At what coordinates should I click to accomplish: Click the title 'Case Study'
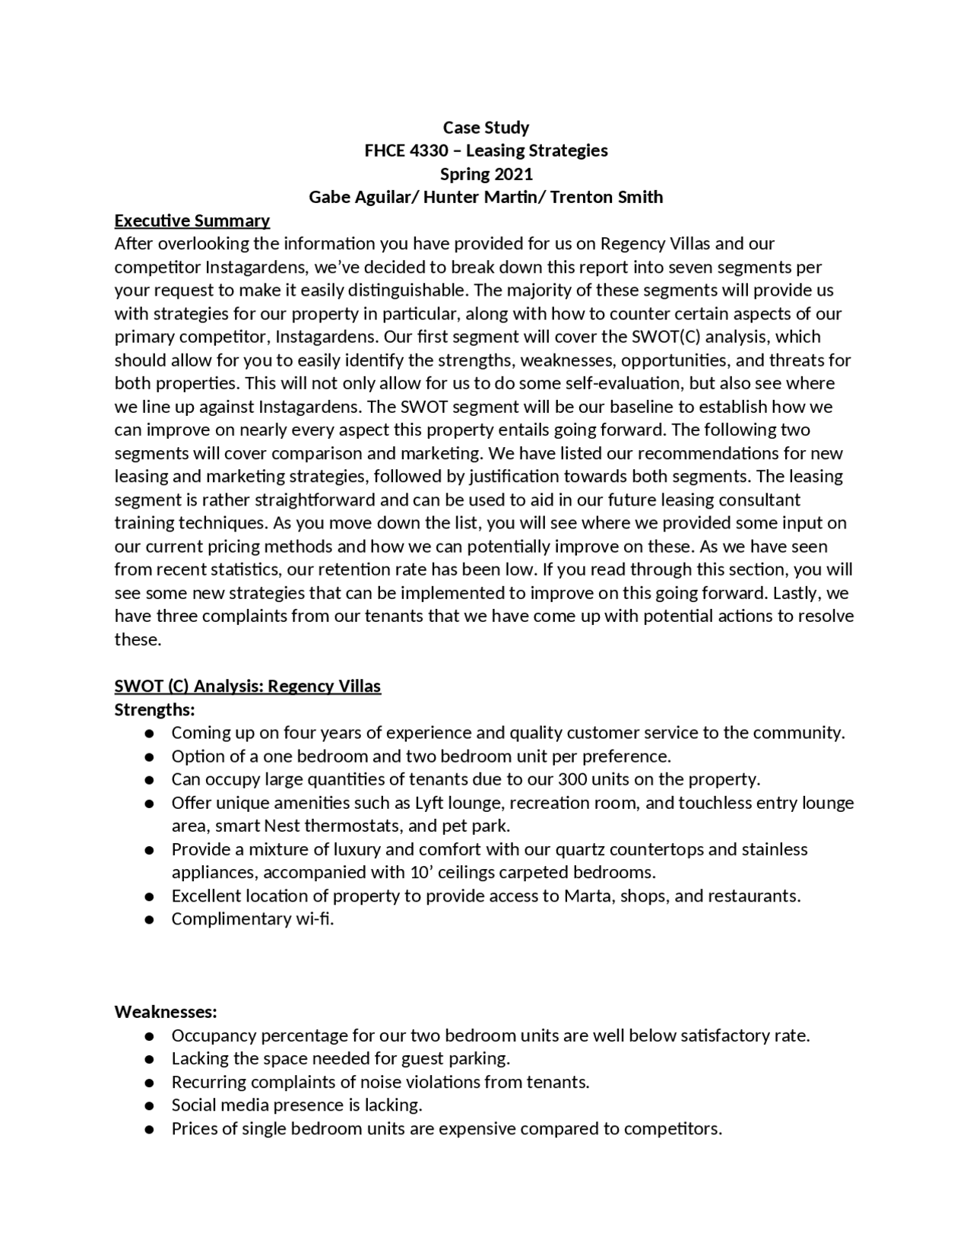[x=486, y=127]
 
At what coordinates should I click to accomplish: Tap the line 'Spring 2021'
[x=486, y=174]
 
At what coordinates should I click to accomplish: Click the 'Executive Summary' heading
[x=192, y=220]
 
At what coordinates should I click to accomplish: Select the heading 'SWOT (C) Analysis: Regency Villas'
[x=247, y=686]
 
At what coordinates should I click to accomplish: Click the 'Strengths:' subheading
[x=154, y=709]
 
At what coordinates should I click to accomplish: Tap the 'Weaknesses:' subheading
[x=166, y=1012]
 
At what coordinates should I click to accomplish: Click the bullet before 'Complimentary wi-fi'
[x=150, y=919]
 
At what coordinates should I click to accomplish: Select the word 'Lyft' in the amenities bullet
[x=429, y=803]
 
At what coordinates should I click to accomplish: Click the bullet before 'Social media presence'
[x=150, y=1105]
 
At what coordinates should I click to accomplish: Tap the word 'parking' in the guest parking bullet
[x=480, y=1058]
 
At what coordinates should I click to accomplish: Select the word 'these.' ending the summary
[x=138, y=639]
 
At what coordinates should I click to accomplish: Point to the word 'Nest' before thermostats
[x=282, y=826]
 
